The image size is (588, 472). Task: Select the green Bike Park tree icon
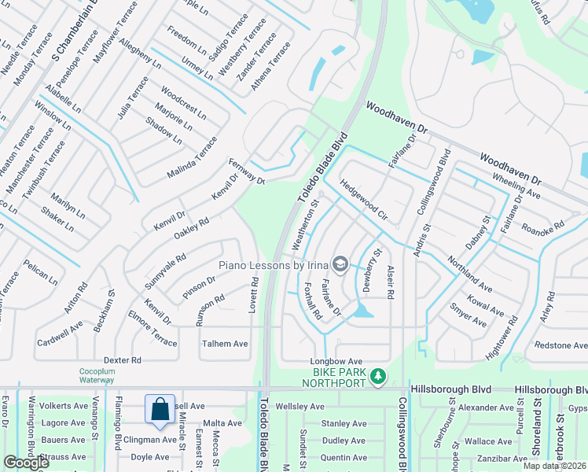(x=378, y=377)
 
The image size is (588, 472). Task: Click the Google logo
(x=25, y=463)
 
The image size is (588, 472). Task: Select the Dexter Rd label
(x=123, y=360)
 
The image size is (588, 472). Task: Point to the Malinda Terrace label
(x=191, y=157)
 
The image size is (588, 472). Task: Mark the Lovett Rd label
(x=254, y=296)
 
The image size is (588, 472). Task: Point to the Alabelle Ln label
(x=64, y=99)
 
